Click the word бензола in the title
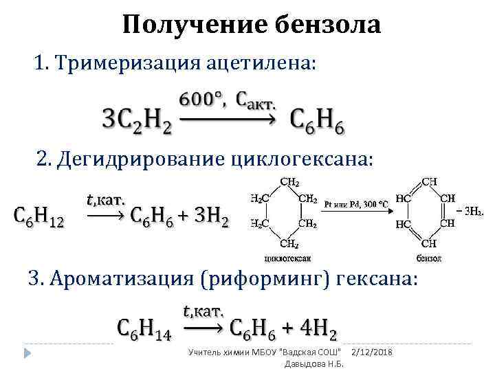327,25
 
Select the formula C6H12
39,218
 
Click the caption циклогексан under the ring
287,258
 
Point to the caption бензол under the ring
429,258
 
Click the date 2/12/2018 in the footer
371,352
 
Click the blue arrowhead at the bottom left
27,353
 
